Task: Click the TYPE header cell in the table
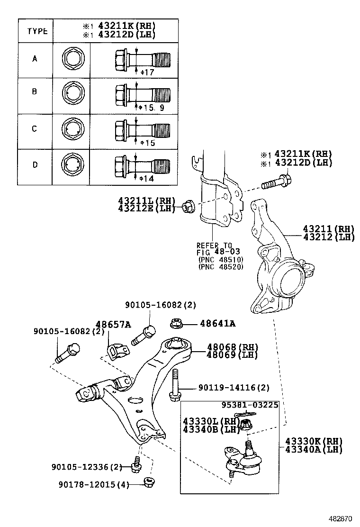pos(37,31)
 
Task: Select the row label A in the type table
pos(35,59)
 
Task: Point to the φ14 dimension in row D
pos(147,179)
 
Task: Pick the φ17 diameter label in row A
pos(147,72)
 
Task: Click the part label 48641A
pos(217,324)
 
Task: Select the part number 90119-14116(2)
pos(234,388)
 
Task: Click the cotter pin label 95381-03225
pos(250,405)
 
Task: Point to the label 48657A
pos(114,324)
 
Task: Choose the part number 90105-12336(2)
pos(87,467)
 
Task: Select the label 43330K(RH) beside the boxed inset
pos(314,441)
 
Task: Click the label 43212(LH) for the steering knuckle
pos(329,237)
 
